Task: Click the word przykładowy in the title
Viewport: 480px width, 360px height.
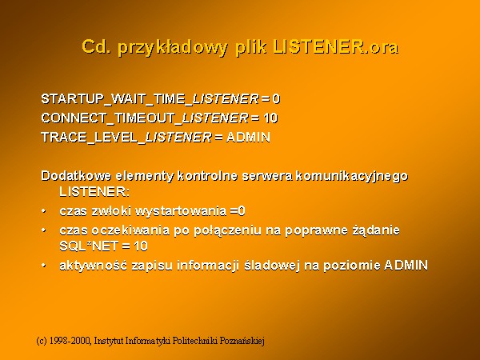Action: (173, 48)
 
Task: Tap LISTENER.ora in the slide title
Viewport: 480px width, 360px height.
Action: (336, 46)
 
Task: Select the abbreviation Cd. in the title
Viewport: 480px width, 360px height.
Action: (96, 46)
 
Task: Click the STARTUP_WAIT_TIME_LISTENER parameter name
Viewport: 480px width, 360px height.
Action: (150, 99)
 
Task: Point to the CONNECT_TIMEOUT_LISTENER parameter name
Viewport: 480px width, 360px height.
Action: (145, 118)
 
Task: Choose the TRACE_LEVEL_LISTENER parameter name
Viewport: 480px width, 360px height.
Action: (126, 138)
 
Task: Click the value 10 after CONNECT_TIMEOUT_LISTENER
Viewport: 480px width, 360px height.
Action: (270, 118)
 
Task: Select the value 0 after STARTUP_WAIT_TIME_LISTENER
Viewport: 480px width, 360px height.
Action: (276, 99)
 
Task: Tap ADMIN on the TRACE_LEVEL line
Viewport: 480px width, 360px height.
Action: (248, 137)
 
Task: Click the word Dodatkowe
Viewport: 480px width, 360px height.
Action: (76, 176)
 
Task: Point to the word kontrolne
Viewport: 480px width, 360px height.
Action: (207, 176)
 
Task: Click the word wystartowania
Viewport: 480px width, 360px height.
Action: (181, 211)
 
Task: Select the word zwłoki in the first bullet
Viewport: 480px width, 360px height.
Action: (111, 211)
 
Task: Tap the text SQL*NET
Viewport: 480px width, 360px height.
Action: (89, 246)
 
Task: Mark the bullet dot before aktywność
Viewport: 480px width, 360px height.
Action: (44, 266)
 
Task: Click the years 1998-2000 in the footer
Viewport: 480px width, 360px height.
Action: (70, 341)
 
